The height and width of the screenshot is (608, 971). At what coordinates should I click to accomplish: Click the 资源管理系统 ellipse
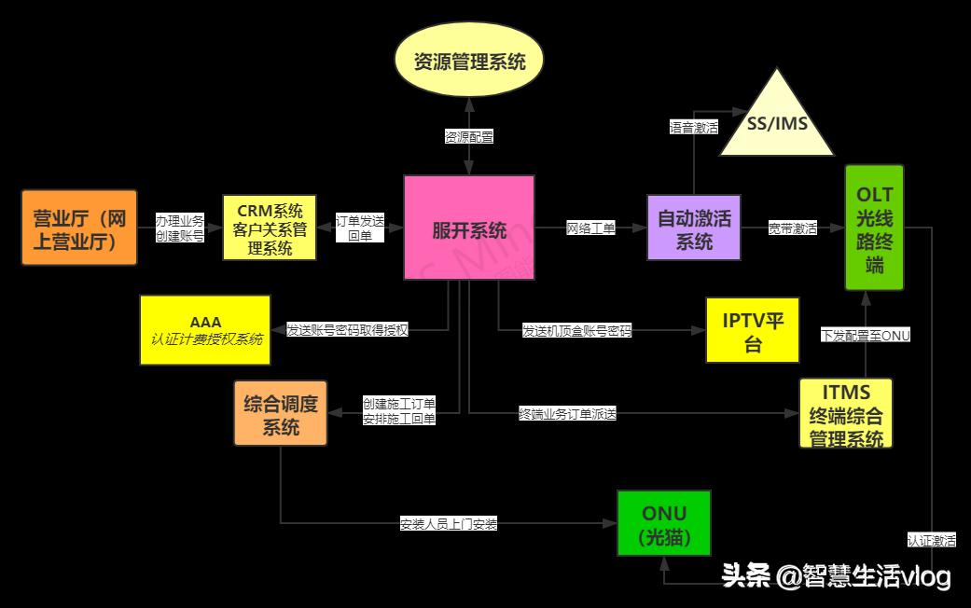coord(469,62)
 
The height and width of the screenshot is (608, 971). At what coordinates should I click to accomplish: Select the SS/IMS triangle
coord(777,124)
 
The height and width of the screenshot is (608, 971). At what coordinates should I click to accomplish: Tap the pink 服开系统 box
coord(469,228)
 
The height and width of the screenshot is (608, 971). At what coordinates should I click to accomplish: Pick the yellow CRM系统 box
coord(270,228)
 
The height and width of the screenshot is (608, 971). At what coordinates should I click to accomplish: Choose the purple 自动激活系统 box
coord(694,228)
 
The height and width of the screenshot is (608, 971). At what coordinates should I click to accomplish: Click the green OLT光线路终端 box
coord(874,228)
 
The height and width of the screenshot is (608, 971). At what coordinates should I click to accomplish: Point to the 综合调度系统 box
coord(280,413)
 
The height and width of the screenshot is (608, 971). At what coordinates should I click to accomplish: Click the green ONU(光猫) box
coord(663,523)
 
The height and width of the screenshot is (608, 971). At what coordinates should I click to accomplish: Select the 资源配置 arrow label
coord(469,136)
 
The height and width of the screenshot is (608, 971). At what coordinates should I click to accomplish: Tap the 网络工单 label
coord(590,228)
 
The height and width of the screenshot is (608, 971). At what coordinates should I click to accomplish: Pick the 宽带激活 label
coord(793,228)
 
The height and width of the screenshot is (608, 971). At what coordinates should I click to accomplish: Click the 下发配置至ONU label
coord(865,335)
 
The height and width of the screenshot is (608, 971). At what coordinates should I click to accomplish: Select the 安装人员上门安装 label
coord(449,524)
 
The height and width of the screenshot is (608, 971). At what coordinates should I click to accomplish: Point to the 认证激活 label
coord(931,540)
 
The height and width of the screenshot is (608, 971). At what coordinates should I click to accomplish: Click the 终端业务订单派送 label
coord(567,413)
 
